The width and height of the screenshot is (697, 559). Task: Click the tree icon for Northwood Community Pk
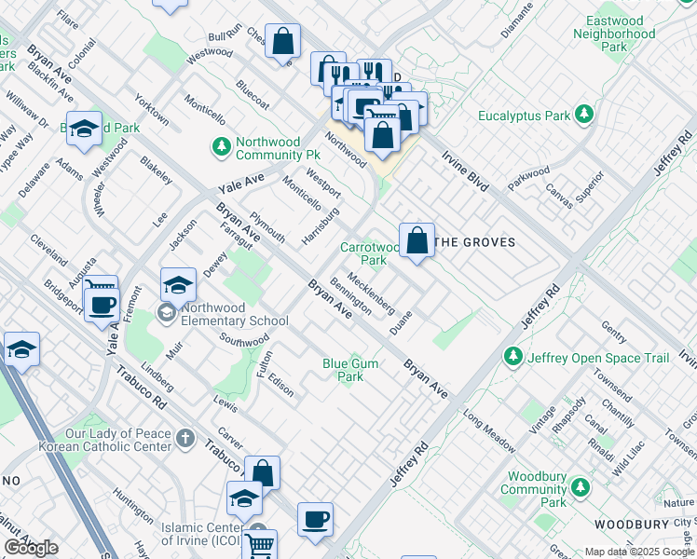(x=222, y=145)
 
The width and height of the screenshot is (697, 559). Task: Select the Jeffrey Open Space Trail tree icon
(x=512, y=357)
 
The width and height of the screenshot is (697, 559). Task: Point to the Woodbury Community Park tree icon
(x=581, y=487)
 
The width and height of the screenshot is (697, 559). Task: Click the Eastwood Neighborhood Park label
(x=614, y=34)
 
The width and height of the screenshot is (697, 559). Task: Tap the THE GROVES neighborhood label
(x=475, y=242)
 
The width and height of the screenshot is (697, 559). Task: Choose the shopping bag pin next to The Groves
(x=418, y=240)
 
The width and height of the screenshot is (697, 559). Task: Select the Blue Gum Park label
(x=350, y=370)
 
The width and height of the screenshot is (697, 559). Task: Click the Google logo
(x=31, y=548)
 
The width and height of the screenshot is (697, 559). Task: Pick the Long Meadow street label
(x=487, y=430)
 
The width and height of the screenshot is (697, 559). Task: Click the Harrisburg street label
(x=321, y=227)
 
